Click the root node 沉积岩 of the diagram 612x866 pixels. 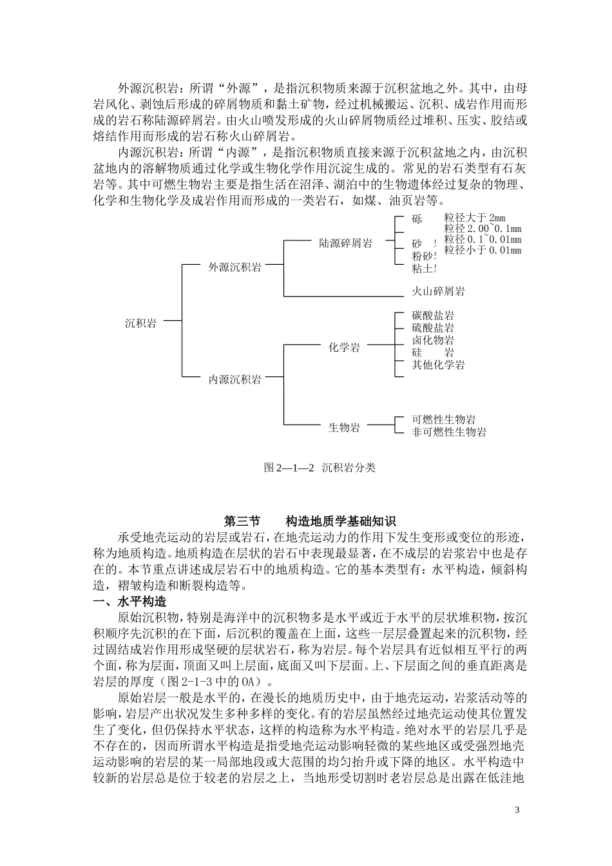pyautogui.click(x=140, y=323)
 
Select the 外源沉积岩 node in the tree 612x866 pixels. pyautogui.click(x=234, y=267)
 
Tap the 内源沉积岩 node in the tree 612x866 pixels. pyautogui.click(x=234, y=380)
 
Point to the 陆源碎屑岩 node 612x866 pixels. pyautogui.click(x=346, y=244)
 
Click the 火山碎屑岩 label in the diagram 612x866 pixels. pyautogui.click(x=438, y=291)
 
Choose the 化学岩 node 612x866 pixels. pyautogui.click(x=345, y=347)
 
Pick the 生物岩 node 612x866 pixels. pyautogui.click(x=345, y=427)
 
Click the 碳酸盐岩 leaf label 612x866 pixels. pyautogui.click(x=433, y=316)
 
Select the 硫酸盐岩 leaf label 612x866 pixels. pyautogui.click(x=433, y=328)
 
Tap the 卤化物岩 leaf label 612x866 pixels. pyautogui.click(x=433, y=340)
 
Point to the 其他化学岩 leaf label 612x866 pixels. pyautogui.click(x=438, y=365)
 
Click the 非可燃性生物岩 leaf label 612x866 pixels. pyautogui.click(x=449, y=432)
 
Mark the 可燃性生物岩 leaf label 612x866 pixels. pyautogui.click(x=444, y=420)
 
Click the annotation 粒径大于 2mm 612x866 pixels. pyautogui.click(x=475, y=218)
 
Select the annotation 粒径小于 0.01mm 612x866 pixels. pyautogui.click(x=483, y=250)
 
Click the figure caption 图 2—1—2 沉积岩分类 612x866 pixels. pyautogui.click(x=320, y=468)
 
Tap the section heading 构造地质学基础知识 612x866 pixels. pyautogui.click(x=341, y=521)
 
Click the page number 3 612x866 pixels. pyautogui.click(x=517, y=809)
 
